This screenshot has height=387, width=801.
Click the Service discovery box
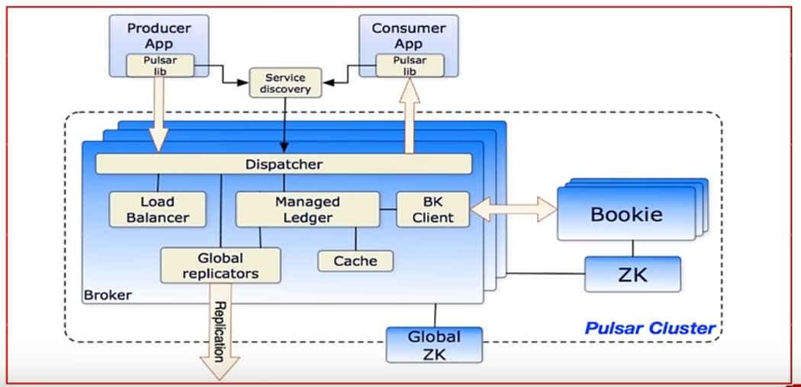285,83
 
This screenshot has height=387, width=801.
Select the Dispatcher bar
284,164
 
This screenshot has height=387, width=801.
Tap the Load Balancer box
158,209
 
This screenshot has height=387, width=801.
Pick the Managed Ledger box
307,209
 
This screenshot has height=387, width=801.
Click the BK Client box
433,209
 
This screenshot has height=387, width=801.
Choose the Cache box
355,261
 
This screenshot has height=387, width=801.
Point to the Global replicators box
220,265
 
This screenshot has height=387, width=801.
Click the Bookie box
626,214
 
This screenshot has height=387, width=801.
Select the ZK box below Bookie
632,274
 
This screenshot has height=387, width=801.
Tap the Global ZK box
434,344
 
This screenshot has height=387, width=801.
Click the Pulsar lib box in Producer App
160,66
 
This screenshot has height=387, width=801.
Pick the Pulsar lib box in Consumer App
410,66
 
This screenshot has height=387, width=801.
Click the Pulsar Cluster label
650,329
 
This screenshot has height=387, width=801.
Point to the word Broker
108,295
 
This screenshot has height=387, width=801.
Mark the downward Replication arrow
218,331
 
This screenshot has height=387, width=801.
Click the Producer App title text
159,36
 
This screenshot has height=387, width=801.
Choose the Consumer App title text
409,36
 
